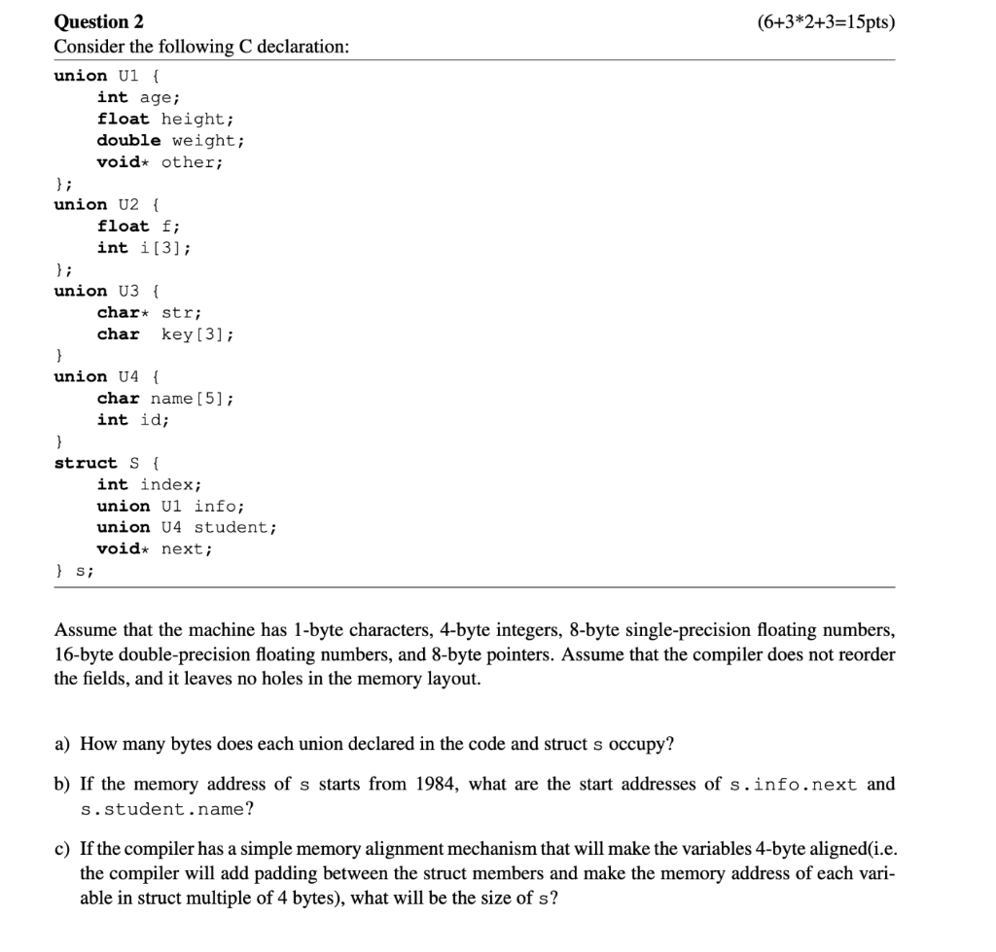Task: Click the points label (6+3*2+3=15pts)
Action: coord(824,21)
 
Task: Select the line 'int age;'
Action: coord(138,97)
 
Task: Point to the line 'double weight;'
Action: coord(170,140)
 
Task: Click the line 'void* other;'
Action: coord(160,161)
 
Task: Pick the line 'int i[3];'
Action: coord(144,247)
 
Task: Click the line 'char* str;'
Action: coord(149,312)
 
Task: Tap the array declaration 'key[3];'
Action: coord(197,334)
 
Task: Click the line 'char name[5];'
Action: coord(165,398)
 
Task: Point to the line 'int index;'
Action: coord(149,484)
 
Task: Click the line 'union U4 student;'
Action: coord(187,527)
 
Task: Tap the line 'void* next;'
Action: coord(155,548)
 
